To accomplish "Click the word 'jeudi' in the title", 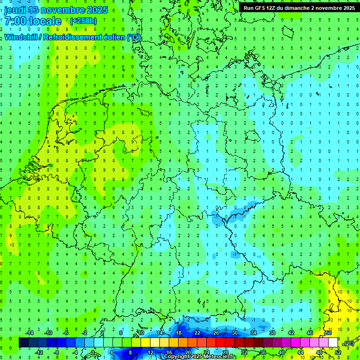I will pos(15,10).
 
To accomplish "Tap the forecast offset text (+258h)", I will pos(83,21).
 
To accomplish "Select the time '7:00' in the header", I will pos(15,21).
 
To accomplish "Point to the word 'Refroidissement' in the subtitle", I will pos(73,37).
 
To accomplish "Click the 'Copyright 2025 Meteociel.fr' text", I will pos(200,357).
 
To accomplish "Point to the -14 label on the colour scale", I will pos(30,333).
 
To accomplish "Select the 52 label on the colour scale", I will pos(337,352).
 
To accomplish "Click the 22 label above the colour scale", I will pos(197,333).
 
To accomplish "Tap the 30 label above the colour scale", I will pos(234,333).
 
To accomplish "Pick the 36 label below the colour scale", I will pos(262,352).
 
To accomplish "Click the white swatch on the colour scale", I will pos(333,343).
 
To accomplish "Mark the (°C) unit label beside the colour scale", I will pos(348,343).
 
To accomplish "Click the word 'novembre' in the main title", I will pos(64,10).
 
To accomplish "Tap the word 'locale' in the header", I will pos(45,21).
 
